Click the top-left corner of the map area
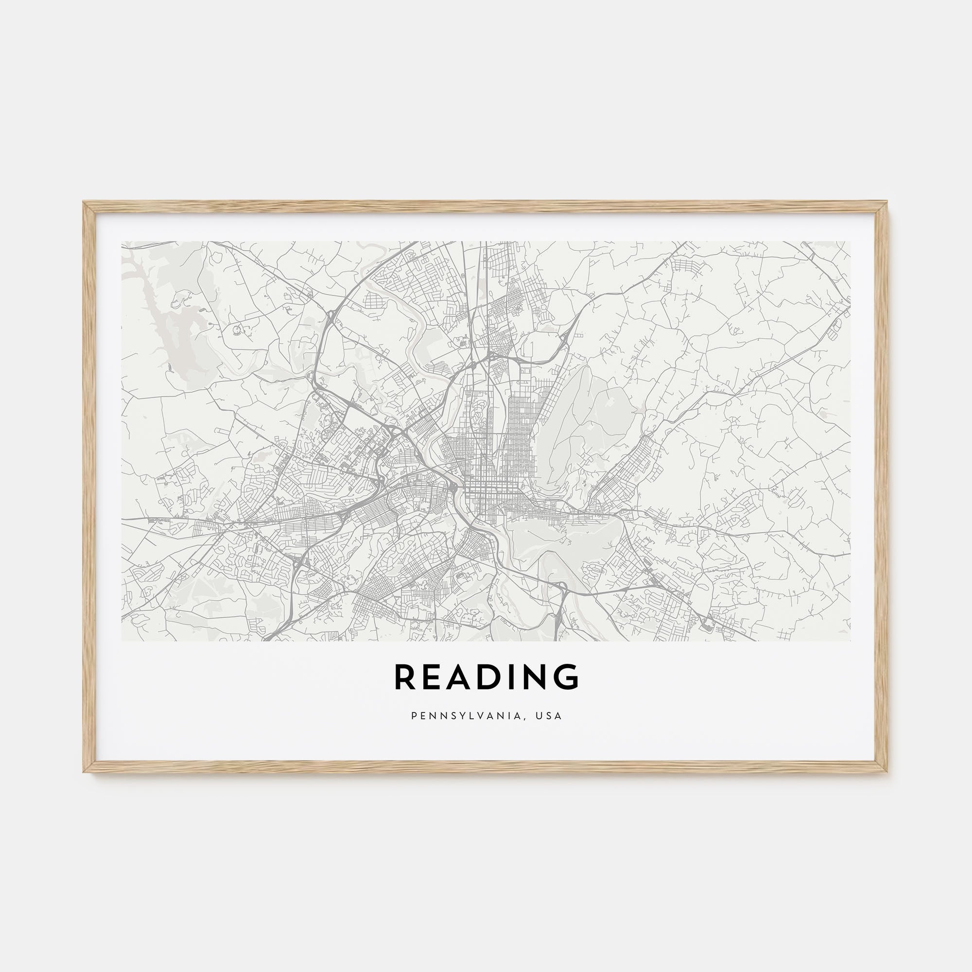pos(122,242)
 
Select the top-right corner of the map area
pos(850,242)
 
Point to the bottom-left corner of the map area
pos(122,641)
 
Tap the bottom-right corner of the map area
pos(850,641)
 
